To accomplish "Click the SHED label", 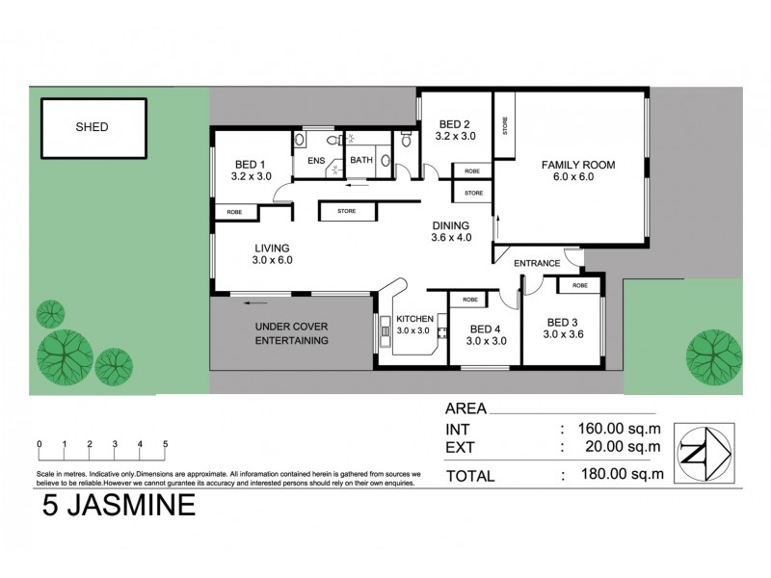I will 93,127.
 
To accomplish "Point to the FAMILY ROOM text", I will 578,165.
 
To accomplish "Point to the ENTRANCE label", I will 537,263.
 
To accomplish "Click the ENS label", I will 316,161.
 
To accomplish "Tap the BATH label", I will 361,161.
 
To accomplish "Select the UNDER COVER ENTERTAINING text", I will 292,333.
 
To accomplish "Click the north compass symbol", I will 704,451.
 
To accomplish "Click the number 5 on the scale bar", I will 166,444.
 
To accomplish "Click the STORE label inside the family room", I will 505,126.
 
